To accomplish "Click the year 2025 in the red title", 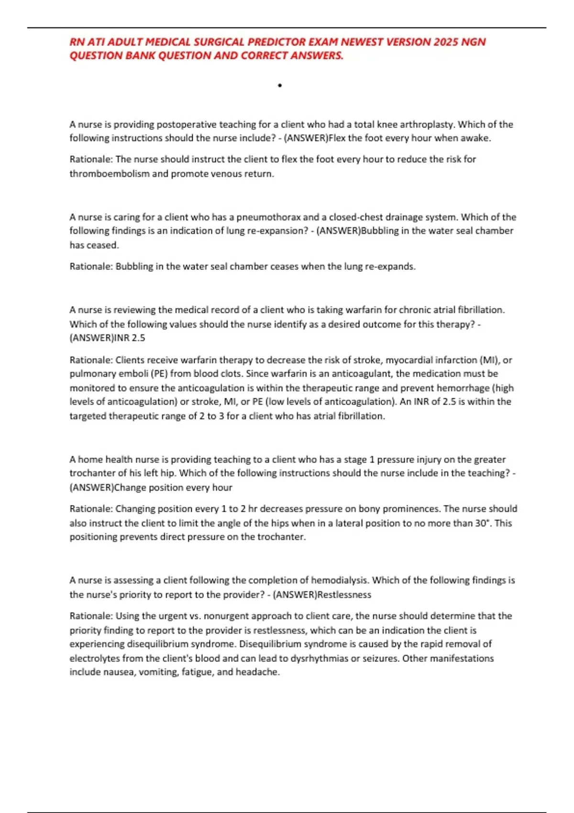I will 446,42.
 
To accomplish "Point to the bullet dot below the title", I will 280,86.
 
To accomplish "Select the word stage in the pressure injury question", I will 355,460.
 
